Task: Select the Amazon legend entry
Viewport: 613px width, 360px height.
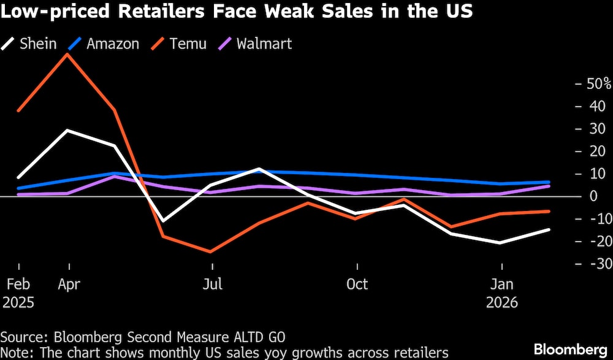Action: (104, 44)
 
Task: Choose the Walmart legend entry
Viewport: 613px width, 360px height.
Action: (256, 44)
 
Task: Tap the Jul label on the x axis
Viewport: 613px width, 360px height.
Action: (212, 285)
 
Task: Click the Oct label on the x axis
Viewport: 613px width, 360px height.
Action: (357, 285)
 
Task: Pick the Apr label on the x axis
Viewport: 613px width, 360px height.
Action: (69, 285)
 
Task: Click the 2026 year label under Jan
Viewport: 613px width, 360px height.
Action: (502, 303)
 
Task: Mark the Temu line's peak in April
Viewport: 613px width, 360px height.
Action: (67, 54)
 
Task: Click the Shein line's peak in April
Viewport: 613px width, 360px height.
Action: (67, 130)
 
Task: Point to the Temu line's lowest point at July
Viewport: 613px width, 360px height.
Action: (212, 251)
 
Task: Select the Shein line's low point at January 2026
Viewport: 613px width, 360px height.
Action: (501, 243)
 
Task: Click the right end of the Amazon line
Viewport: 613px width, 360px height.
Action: (549, 182)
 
